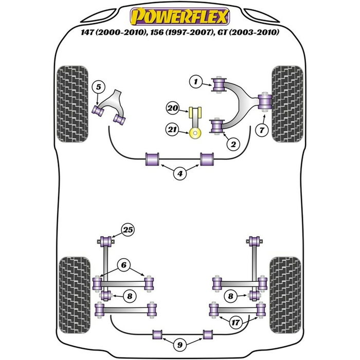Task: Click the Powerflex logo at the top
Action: [x=179, y=16]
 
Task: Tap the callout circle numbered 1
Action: [x=195, y=81]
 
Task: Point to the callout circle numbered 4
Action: [x=180, y=174]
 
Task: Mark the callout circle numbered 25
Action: [x=127, y=229]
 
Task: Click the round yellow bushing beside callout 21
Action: [x=195, y=134]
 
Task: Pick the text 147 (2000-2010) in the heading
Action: [x=106, y=33]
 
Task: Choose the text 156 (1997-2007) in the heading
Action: [x=177, y=33]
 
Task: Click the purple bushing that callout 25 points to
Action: [x=107, y=240]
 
